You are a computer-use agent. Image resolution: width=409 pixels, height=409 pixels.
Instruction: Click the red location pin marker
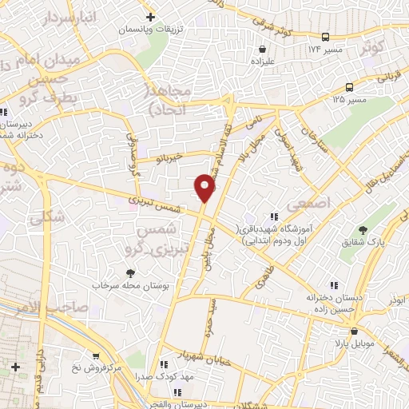[205, 189]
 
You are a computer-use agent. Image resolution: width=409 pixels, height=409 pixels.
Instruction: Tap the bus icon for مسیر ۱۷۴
[325, 37]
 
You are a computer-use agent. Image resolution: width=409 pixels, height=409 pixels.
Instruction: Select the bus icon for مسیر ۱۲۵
[350, 88]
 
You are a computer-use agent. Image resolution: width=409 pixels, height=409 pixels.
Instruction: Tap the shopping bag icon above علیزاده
[263, 50]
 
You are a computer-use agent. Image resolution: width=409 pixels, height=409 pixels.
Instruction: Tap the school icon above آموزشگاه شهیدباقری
[274, 216]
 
